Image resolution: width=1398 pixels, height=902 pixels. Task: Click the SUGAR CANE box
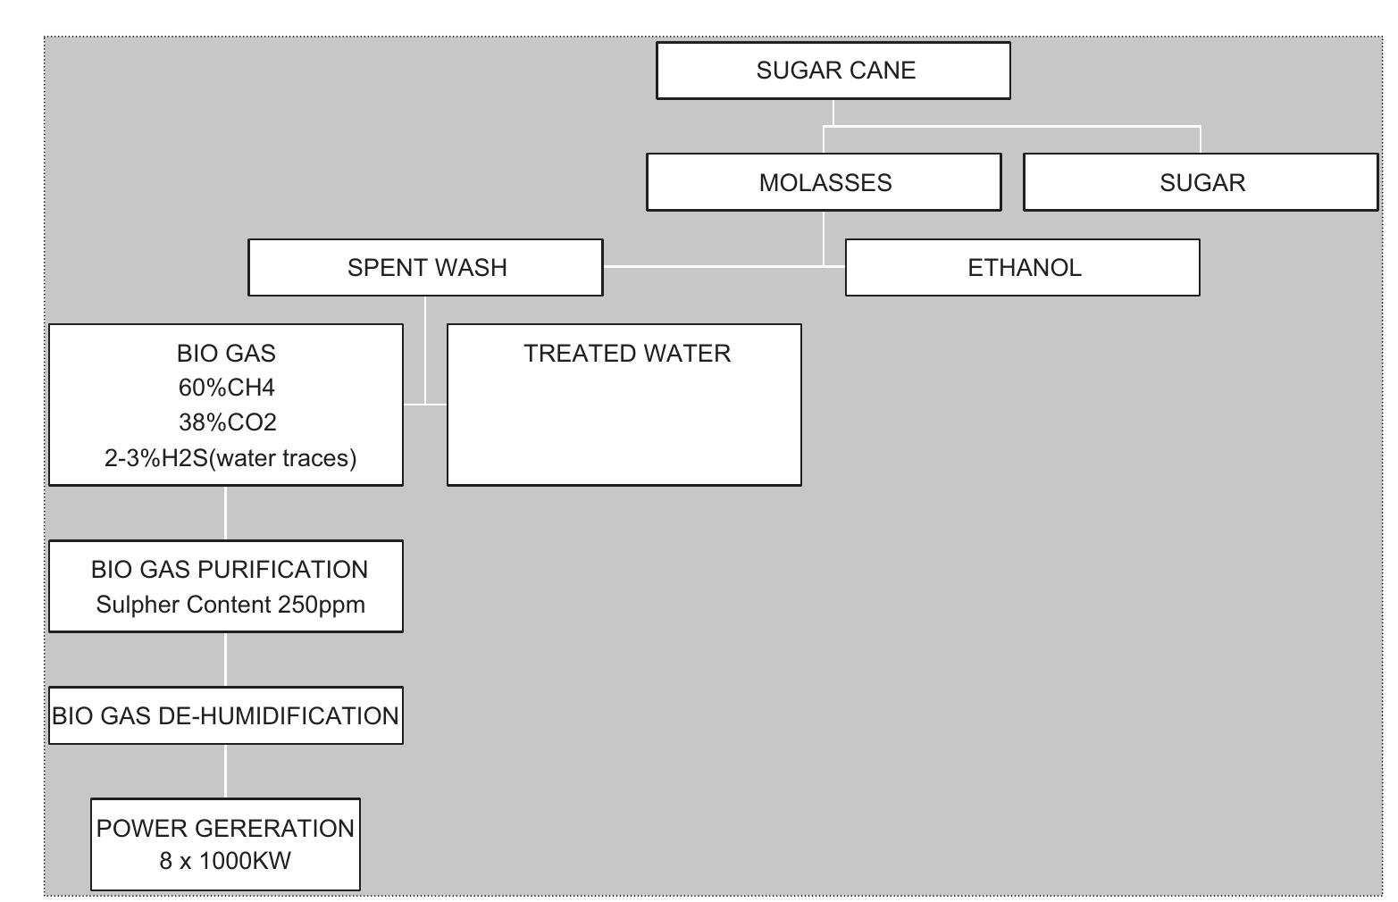pyautogui.click(x=833, y=71)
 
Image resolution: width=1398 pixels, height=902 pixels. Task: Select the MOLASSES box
pyautogui.click(x=824, y=182)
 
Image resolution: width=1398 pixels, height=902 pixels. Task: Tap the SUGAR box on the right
pyautogui.click(x=1201, y=182)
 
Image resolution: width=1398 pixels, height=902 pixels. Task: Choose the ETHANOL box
pyautogui.click(x=1022, y=267)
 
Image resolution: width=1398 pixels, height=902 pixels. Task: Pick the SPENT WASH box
pyautogui.click(x=425, y=267)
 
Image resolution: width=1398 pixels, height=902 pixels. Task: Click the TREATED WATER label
pyautogui.click(x=626, y=354)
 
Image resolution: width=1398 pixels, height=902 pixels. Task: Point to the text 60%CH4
pyautogui.click(x=226, y=388)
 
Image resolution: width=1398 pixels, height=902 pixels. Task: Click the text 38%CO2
pyautogui.click(x=227, y=422)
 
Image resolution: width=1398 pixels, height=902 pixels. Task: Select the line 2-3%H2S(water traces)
pyautogui.click(x=230, y=458)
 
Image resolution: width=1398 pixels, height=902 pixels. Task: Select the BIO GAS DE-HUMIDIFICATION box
pyautogui.click(x=225, y=715)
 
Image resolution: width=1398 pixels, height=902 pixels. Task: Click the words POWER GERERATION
pyautogui.click(x=225, y=829)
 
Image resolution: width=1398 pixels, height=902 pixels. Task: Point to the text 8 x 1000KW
pyautogui.click(x=225, y=861)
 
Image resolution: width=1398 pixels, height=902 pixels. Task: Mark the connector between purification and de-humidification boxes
pyautogui.click(x=225, y=659)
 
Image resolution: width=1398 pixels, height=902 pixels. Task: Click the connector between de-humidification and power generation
pyautogui.click(x=225, y=771)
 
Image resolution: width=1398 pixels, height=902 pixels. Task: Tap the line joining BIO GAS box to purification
pyautogui.click(x=225, y=513)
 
